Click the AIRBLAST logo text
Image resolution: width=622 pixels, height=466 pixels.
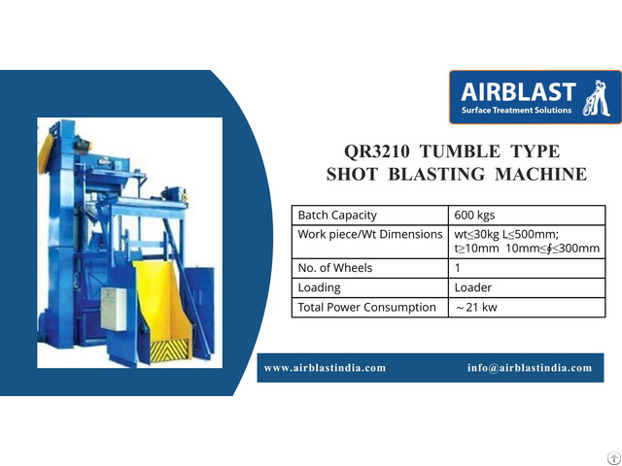click(x=518, y=94)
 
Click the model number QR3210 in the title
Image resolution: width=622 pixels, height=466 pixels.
click(x=380, y=152)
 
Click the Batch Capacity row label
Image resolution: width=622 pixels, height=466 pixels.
click(x=336, y=215)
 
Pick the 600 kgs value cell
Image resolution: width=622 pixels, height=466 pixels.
click(x=475, y=215)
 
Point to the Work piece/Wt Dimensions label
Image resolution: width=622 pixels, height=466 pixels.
click(x=370, y=235)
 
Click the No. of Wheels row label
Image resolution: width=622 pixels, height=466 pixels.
click(x=334, y=268)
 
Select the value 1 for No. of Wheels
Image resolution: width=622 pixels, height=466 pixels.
click(x=458, y=268)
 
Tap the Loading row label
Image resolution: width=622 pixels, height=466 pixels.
click(x=319, y=287)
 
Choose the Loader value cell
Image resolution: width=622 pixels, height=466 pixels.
click(x=473, y=287)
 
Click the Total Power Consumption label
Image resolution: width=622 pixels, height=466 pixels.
click(x=366, y=307)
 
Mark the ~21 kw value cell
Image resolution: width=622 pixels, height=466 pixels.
click(x=475, y=308)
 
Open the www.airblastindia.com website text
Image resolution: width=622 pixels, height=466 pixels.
click(x=325, y=368)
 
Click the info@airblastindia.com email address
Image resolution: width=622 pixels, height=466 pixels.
click(x=529, y=368)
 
